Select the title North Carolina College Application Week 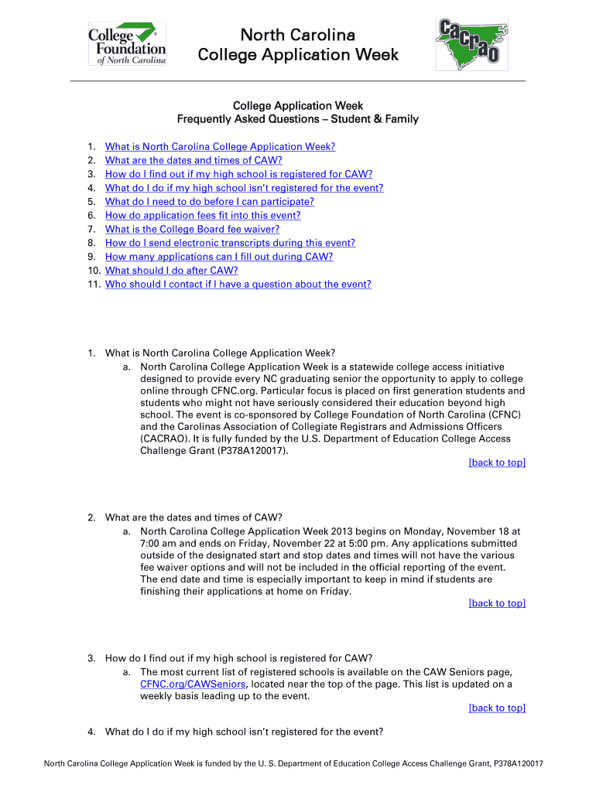pyautogui.click(x=298, y=45)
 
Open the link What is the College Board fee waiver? pyautogui.click(x=192, y=229)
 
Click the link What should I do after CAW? pyautogui.click(x=171, y=271)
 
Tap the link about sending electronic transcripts pyautogui.click(x=230, y=243)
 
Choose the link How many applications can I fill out pyautogui.click(x=219, y=257)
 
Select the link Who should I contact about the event pyautogui.click(x=238, y=285)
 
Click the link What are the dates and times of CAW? pyautogui.click(x=194, y=160)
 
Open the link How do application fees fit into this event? pyautogui.click(x=203, y=215)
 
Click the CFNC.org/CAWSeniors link pyautogui.click(x=193, y=684)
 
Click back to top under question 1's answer pyautogui.click(x=497, y=463)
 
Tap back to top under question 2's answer pyautogui.click(x=497, y=603)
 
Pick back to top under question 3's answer pyautogui.click(x=497, y=708)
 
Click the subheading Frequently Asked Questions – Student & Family pyautogui.click(x=298, y=119)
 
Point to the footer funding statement pyautogui.click(x=298, y=764)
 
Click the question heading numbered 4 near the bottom pyautogui.click(x=244, y=732)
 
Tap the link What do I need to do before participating pyautogui.click(x=210, y=201)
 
